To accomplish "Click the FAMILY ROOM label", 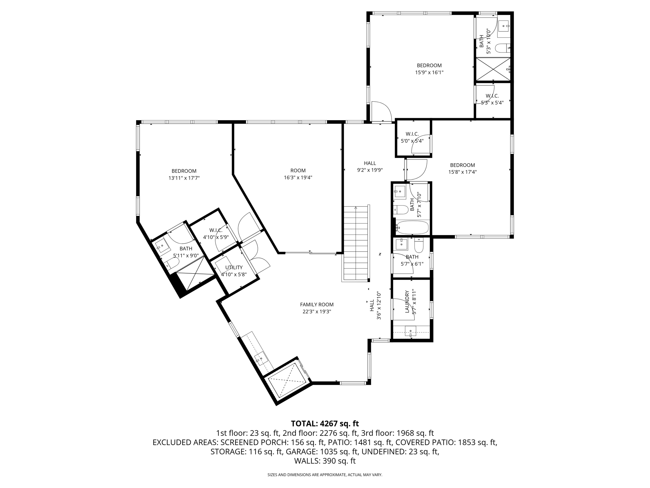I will click(317, 305).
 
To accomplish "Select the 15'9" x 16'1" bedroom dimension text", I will click(429, 72).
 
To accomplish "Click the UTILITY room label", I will click(234, 268).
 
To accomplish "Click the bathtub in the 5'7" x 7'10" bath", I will click(413, 227).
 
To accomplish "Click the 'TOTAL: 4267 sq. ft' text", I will click(325, 424).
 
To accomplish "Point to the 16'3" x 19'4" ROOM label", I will click(298, 171).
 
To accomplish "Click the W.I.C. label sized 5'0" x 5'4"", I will click(412, 134).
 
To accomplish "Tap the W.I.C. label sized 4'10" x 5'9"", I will click(216, 230).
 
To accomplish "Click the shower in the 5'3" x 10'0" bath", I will click(493, 69).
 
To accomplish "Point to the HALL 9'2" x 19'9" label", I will click(370, 163).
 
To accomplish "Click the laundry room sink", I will click(410, 331).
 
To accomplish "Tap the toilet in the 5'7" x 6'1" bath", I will click(419, 245).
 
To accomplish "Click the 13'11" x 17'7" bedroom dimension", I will click(184, 178).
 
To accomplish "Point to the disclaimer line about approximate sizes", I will click(325, 475).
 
